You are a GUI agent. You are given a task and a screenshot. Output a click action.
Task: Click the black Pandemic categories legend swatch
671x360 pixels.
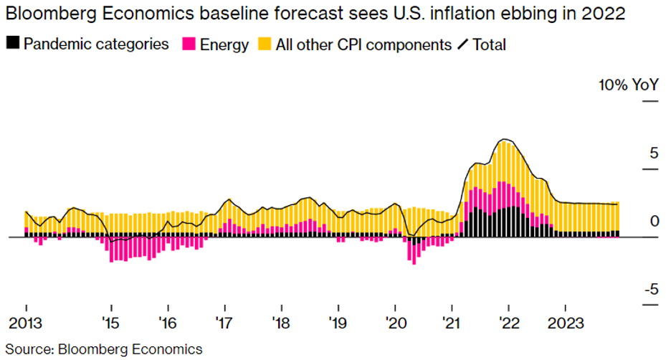coord(13,44)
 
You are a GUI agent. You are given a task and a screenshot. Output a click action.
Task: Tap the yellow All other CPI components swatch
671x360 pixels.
coord(265,44)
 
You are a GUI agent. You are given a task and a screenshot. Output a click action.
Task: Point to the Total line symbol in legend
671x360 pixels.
coord(462,44)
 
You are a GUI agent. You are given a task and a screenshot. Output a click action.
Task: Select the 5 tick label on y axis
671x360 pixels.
coord(653,153)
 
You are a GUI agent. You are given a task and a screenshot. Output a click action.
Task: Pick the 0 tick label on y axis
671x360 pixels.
coord(654,222)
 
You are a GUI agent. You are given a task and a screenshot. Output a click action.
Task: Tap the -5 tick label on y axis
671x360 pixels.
coord(650,290)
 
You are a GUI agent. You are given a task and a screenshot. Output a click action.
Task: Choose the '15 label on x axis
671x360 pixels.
coord(110,323)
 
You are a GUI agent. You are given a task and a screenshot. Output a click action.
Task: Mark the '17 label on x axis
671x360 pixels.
coord(224,323)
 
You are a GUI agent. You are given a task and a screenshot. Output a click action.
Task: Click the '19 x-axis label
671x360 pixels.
coord(338,323)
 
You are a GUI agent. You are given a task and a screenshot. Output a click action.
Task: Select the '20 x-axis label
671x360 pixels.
coord(394,323)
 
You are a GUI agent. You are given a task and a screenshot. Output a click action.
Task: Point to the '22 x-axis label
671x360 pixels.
coord(508,323)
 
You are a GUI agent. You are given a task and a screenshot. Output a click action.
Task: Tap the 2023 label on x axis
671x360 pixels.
coord(565,323)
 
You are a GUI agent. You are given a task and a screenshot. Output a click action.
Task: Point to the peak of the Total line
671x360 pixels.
coord(505,139)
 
